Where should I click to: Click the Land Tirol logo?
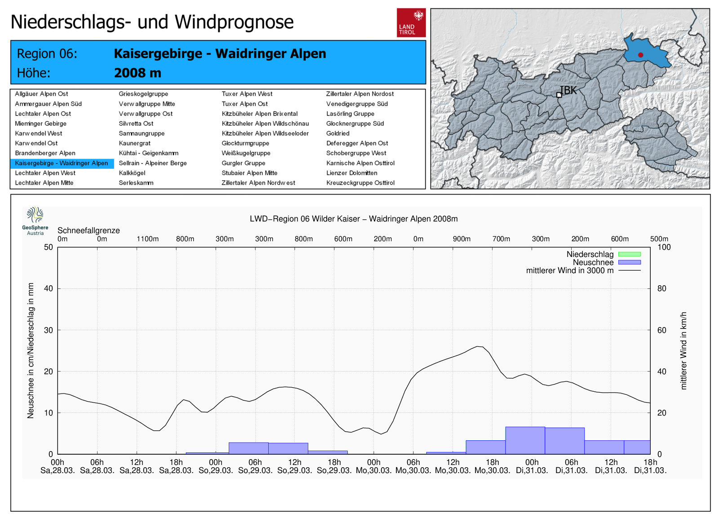pos(411,22)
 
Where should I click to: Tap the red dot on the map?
pos(641,55)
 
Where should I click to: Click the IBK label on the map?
pos(568,90)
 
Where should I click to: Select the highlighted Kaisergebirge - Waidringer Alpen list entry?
pos(62,164)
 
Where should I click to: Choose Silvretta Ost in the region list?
pos(136,124)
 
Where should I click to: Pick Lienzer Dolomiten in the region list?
pos(352,173)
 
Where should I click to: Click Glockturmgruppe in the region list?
pos(245,143)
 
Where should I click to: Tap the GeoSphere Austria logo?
pos(35,221)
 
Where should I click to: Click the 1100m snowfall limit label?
pos(148,239)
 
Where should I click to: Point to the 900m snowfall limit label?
pos(462,239)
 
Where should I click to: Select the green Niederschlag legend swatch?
pos(630,254)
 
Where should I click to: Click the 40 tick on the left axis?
pos(49,288)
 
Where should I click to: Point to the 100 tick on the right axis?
pos(664,247)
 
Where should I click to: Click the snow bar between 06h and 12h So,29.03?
pos(288,448)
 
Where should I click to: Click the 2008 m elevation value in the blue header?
pos(138,73)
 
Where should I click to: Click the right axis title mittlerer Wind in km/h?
pos(683,351)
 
